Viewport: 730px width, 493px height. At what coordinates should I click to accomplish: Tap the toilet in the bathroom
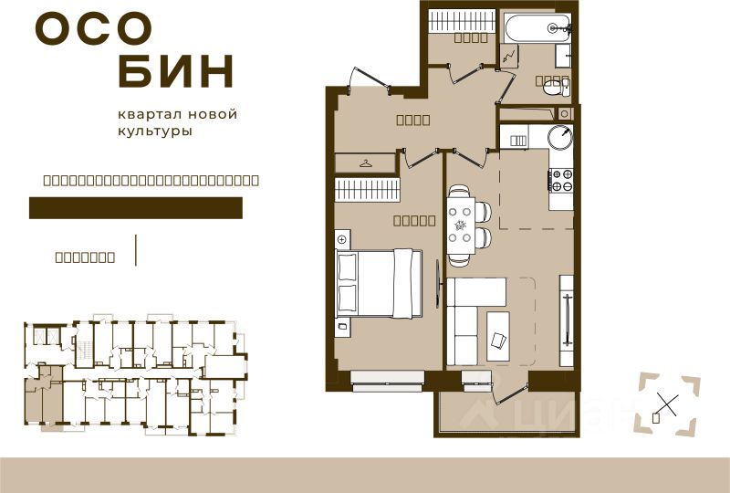(553, 87)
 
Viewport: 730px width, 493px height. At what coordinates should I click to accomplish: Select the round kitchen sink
(558, 138)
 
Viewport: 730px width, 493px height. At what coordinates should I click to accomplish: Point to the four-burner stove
(559, 179)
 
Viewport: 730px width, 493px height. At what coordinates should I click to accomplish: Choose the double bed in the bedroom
(379, 283)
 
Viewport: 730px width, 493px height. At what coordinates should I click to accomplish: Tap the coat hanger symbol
(366, 163)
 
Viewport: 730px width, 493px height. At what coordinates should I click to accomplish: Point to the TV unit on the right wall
(567, 320)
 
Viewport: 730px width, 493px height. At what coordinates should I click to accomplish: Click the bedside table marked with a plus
(342, 239)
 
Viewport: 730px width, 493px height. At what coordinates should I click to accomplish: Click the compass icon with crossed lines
(668, 403)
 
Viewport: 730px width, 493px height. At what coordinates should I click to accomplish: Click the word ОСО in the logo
(93, 29)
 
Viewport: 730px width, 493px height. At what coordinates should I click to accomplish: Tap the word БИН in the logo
(176, 72)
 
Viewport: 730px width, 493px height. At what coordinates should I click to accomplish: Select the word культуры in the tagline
(155, 131)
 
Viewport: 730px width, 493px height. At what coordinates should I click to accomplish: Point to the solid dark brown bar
(136, 208)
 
